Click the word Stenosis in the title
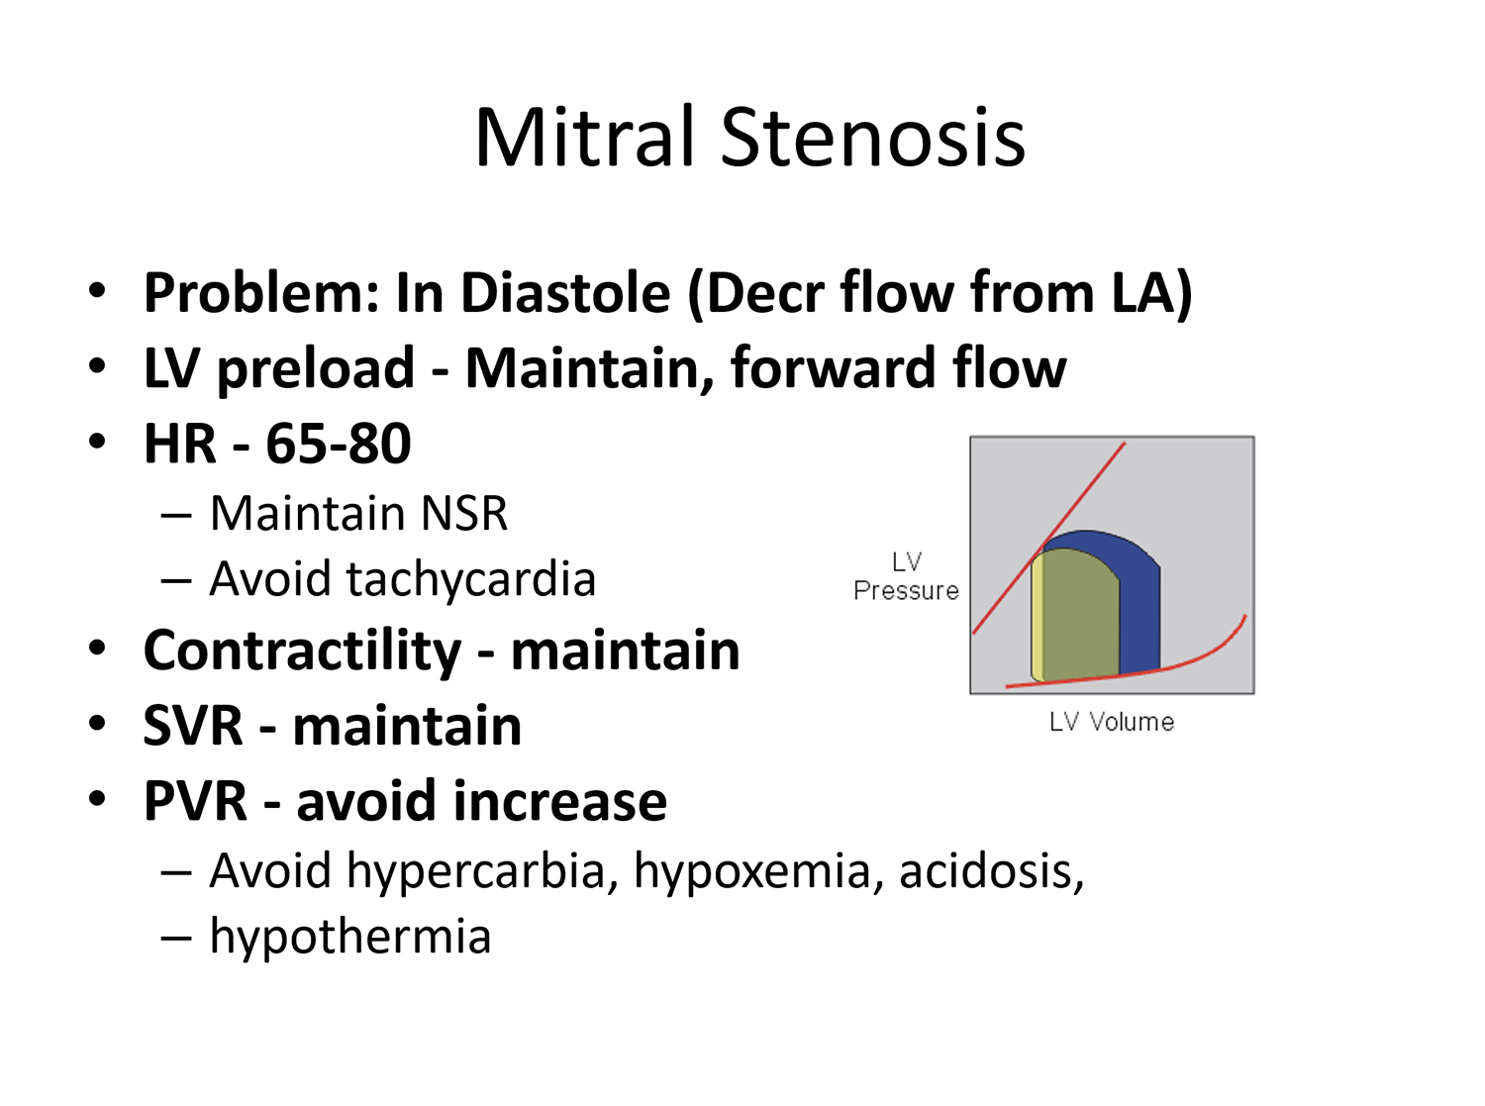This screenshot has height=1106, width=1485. point(873,137)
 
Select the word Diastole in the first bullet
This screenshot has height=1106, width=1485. point(565,293)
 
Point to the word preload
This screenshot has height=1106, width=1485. point(316,369)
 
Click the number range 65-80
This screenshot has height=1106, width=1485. point(339,444)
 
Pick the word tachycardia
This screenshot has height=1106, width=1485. point(469,580)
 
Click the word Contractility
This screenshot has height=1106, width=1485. point(303,652)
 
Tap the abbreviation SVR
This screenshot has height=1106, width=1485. point(193,726)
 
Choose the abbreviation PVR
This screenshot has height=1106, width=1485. point(195,801)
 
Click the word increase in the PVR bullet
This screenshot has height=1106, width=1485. point(559,801)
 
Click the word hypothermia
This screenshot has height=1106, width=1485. point(350,937)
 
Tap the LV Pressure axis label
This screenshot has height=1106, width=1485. point(907,577)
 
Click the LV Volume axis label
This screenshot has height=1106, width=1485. point(1112,722)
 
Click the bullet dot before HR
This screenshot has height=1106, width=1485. point(97,442)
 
